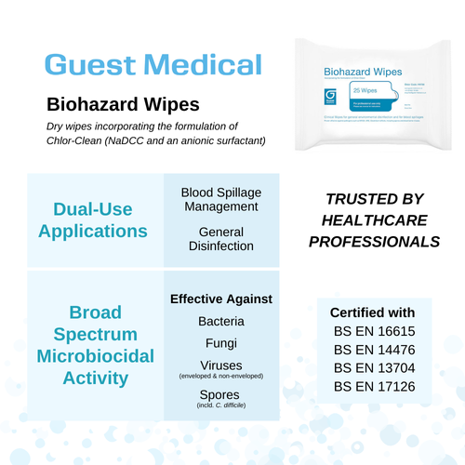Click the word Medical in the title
(x=199, y=64)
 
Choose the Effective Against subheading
(x=221, y=299)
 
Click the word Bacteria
(x=221, y=322)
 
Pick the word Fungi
(x=221, y=343)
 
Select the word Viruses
(x=221, y=365)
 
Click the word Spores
(x=221, y=395)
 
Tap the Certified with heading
(x=373, y=312)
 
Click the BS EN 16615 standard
(x=373, y=332)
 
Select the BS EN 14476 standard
(x=373, y=352)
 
